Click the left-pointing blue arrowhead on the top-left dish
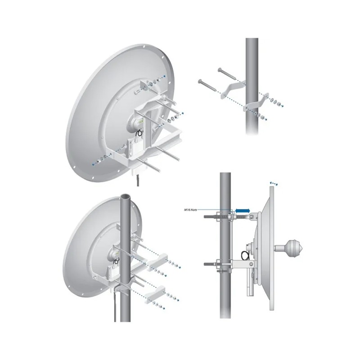pos(93,165)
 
